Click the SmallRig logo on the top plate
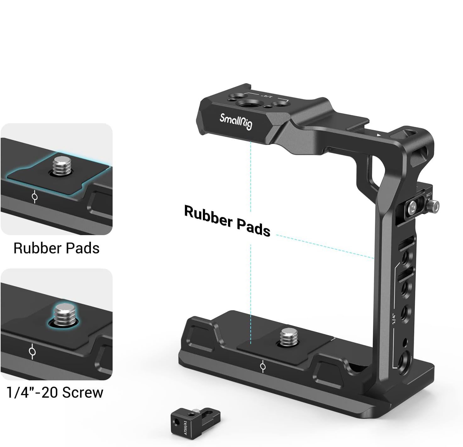(236, 122)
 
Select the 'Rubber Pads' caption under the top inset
(57, 248)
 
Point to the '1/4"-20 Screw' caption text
(55, 392)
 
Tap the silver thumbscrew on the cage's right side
(435, 205)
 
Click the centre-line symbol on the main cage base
(263, 367)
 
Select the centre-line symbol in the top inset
(35, 197)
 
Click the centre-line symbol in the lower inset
(32, 351)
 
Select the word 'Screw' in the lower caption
(82, 392)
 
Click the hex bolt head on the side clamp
(412, 207)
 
